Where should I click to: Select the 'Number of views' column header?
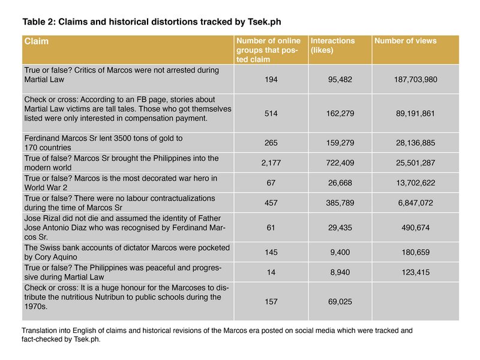click(x=405, y=41)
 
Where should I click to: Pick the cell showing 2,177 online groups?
click(x=271, y=163)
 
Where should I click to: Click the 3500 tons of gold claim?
click(x=103, y=143)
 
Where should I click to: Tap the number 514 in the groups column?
click(x=271, y=113)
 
